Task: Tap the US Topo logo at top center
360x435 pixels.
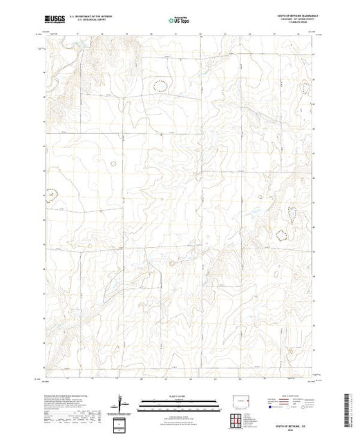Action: pos(180,20)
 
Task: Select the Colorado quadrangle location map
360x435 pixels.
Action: pos(241,400)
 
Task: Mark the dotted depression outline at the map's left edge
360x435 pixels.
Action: pos(50,197)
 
